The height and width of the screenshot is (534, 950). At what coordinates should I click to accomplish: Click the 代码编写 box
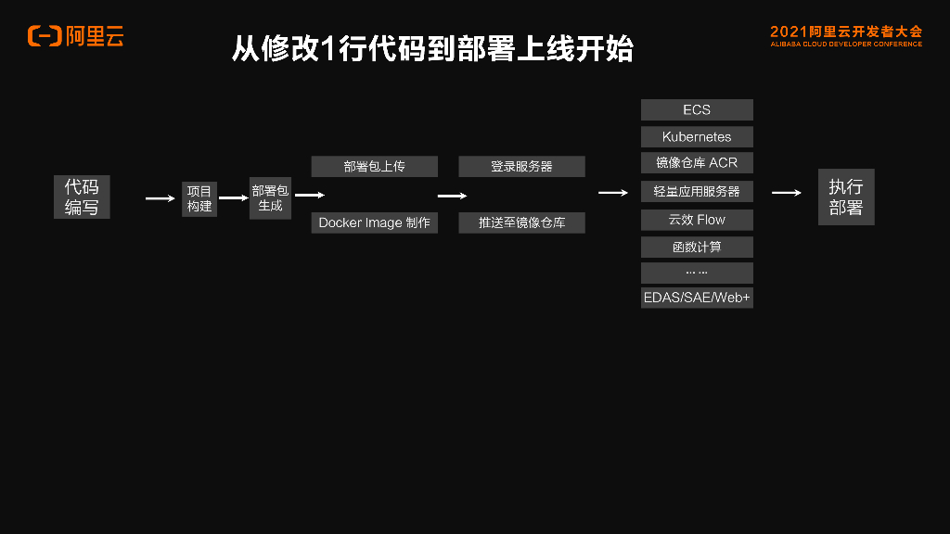(82, 197)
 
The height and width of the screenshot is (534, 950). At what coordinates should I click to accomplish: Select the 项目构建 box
(199, 198)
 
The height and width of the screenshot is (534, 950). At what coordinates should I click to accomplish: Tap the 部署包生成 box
(270, 197)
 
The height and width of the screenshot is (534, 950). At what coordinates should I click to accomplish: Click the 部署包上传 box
(374, 167)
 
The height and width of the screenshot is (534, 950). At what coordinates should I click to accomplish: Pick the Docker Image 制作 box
(374, 222)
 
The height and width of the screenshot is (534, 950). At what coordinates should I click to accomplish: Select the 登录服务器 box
(521, 167)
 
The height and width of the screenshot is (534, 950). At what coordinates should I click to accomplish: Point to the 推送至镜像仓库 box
(521, 222)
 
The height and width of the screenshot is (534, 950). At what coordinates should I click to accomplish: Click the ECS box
(697, 109)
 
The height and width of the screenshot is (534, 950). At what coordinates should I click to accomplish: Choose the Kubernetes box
(697, 136)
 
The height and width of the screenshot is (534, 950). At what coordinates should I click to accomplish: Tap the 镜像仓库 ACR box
(697, 162)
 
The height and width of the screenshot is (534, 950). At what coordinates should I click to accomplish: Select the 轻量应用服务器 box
(697, 191)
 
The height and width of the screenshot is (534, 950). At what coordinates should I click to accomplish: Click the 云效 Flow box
(697, 220)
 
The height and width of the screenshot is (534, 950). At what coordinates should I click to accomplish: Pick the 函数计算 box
(697, 248)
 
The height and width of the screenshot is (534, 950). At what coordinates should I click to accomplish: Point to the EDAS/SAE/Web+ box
(697, 298)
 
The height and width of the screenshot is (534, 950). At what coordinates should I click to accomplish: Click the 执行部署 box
(845, 197)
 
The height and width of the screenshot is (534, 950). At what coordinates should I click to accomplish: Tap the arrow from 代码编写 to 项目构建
(160, 197)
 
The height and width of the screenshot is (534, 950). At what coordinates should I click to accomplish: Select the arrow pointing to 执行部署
(786, 193)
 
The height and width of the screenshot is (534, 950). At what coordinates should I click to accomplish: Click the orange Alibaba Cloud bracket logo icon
(45, 36)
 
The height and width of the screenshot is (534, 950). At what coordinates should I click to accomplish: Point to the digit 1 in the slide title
(326, 49)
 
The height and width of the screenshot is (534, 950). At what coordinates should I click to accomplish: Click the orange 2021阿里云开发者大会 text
(846, 32)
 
